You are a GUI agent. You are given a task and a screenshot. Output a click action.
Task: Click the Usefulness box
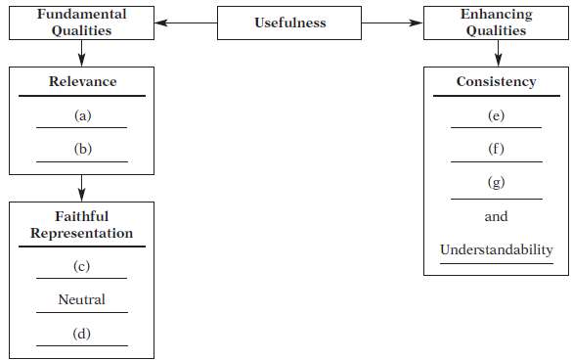[x=289, y=22]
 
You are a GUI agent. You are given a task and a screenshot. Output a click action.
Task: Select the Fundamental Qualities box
[x=81, y=22]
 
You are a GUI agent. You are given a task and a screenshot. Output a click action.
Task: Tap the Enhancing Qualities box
[x=497, y=22]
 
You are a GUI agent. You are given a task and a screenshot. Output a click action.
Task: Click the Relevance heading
[x=81, y=82]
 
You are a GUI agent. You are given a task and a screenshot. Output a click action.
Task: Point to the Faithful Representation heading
[x=81, y=225]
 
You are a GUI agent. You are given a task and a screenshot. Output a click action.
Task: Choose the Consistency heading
[x=497, y=82]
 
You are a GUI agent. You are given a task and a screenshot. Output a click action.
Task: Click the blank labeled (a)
[x=82, y=115]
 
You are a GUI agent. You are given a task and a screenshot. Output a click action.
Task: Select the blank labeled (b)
[x=82, y=150]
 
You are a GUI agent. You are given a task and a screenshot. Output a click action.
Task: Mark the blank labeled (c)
[x=82, y=266]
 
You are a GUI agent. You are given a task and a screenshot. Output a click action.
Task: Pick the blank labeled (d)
[x=82, y=334]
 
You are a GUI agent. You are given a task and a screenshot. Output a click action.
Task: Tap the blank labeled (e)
[x=496, y=115]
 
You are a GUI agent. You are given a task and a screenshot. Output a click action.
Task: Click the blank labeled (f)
[x=496, y=150]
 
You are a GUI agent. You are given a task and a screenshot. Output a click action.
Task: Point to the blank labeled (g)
[x=496, y=184]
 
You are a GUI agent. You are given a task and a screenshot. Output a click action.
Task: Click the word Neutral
[x=82, y=299]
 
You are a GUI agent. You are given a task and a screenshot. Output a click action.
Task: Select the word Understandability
[x=496, y=250]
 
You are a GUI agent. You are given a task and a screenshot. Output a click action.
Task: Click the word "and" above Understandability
[x=496, y=217]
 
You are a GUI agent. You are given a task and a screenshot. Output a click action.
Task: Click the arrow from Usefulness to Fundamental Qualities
[x=186, y=22]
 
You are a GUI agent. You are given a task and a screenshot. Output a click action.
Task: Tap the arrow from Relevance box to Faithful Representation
[x=81, y=186]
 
